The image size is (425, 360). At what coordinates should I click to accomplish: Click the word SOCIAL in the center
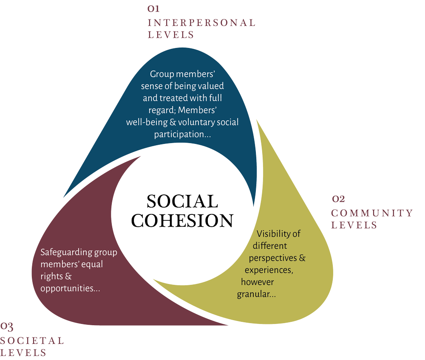pyautogui.click(x=182, y=201)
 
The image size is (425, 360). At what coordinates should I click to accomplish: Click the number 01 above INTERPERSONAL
pyautogui.click(x=153, y=9)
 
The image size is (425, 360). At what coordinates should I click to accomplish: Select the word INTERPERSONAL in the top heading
pyautogui.click(x=201, y=22)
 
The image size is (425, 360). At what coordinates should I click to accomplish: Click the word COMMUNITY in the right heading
pyautogui.click(x=372, y=213)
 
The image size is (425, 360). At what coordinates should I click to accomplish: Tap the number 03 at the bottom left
pyautogui.click(x=7, y=326)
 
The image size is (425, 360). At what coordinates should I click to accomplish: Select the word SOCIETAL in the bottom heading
pyautogui.click(x=32, y=340)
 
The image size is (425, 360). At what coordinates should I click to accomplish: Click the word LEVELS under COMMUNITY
pyautogui.click(x=354, y=225)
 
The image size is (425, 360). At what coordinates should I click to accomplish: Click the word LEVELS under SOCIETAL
pyautogui.click(x=23, y=352)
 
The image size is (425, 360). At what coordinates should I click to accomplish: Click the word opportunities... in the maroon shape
pyautogui.click(x=70, y=288)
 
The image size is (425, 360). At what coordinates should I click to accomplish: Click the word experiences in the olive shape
pyautogui.click(x=268, y=270)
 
